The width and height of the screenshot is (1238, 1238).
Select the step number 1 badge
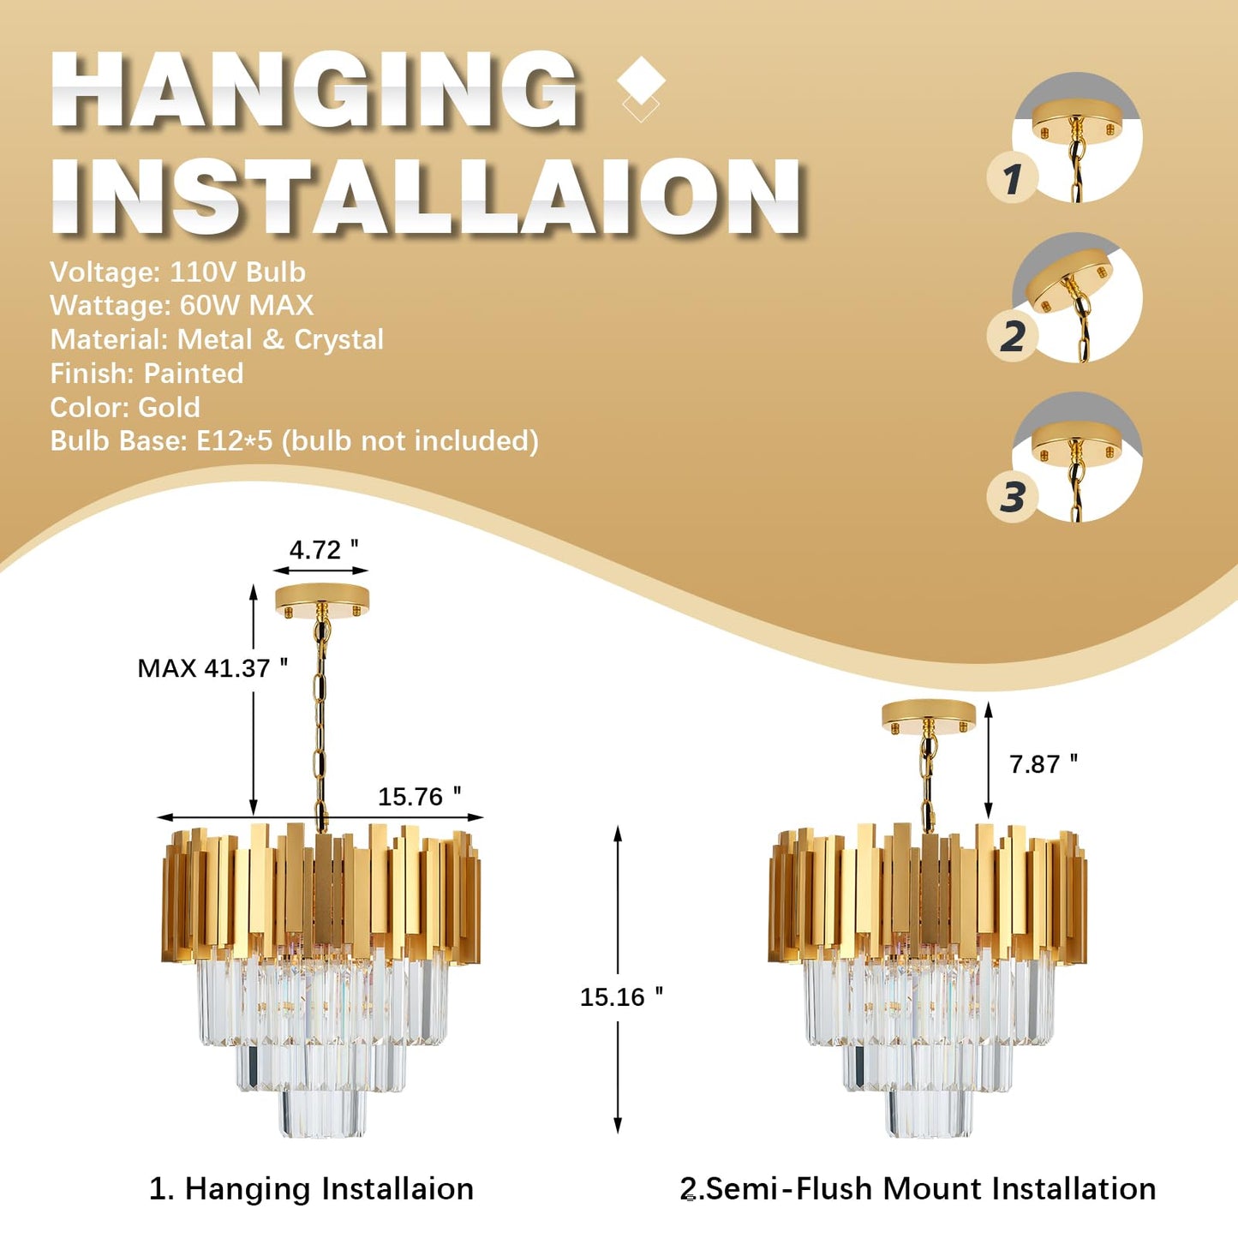tap(1013, 177)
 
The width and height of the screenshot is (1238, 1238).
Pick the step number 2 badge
tap(1013, 336)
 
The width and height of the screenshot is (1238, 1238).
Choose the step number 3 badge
tap(1013, 497)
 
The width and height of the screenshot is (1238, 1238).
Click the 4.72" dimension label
tap(324, 550)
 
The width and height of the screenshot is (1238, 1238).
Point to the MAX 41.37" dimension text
tap(212, 668)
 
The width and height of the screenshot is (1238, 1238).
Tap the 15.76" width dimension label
tap(420, 797)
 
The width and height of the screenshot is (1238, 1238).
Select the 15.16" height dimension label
tap(621, 997)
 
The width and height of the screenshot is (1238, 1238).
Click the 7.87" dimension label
tap(1044, 764)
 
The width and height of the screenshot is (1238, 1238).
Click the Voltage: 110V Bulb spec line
tap(178, 272)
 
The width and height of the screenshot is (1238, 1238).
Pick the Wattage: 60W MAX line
tap(182, 305)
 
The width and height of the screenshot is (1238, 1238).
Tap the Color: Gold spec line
tap(125, 407)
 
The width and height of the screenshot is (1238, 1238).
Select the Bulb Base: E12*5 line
tap(294, 441)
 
